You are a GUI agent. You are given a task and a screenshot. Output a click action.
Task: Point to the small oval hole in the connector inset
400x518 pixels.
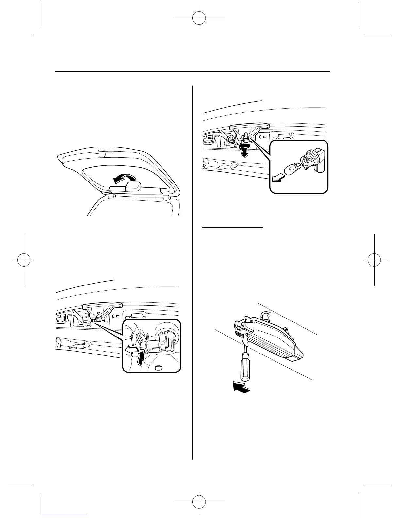point(158,368)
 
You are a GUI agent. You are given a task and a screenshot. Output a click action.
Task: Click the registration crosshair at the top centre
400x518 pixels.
point(200,19)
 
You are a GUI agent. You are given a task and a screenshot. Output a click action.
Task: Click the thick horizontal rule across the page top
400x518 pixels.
point(192,71)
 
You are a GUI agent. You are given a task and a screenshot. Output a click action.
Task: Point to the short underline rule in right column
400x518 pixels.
point(233,227)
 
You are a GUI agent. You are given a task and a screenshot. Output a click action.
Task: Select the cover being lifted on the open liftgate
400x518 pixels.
point(133,188)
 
